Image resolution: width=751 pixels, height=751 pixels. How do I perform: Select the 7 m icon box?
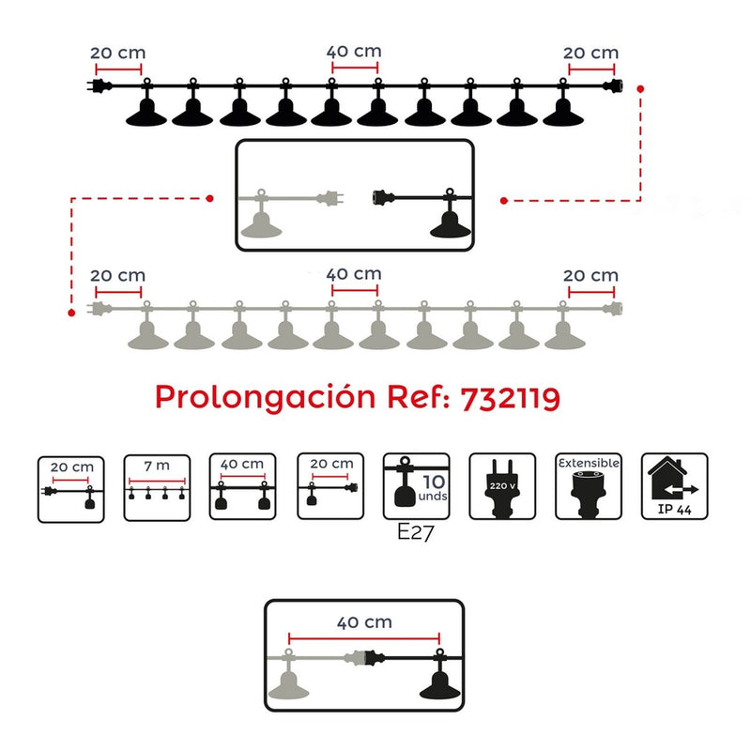click(157, 488)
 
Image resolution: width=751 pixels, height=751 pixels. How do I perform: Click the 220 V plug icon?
click(502, 488)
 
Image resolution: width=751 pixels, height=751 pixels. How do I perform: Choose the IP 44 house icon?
click(675, 488)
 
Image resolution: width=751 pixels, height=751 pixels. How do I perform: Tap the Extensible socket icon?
click(589, 488)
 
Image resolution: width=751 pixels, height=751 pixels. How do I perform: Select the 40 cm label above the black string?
click(354, 53)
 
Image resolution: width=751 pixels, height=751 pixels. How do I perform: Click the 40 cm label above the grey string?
click(354, 274)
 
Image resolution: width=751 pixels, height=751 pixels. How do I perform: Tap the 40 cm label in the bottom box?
click(364, 622)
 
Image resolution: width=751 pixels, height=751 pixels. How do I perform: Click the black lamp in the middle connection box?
click(451, 222)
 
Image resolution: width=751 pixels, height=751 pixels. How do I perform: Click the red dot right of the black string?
click(640, 88)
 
